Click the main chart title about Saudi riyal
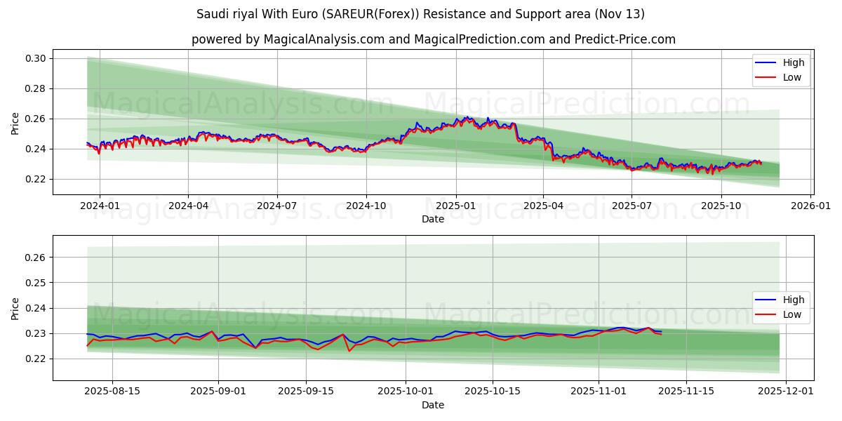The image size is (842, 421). [x=420, y=14]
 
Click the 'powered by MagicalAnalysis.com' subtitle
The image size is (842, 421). [x=433, y=39]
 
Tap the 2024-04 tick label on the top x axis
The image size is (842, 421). [x=188, y=206]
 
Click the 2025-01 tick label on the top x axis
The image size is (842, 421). [x=455, y=206]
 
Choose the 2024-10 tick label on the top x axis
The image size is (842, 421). [x=366, y=206]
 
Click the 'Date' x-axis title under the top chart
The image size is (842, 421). [x=433, y=219]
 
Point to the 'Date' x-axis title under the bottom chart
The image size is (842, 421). [x=433, y=405]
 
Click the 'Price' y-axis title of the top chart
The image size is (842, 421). [x=15, y=123]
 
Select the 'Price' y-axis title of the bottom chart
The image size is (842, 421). [x=15, y=308]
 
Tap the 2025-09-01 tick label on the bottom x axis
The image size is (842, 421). [x=218, y=392]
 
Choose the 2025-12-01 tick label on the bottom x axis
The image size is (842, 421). [x=787, y=392]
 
